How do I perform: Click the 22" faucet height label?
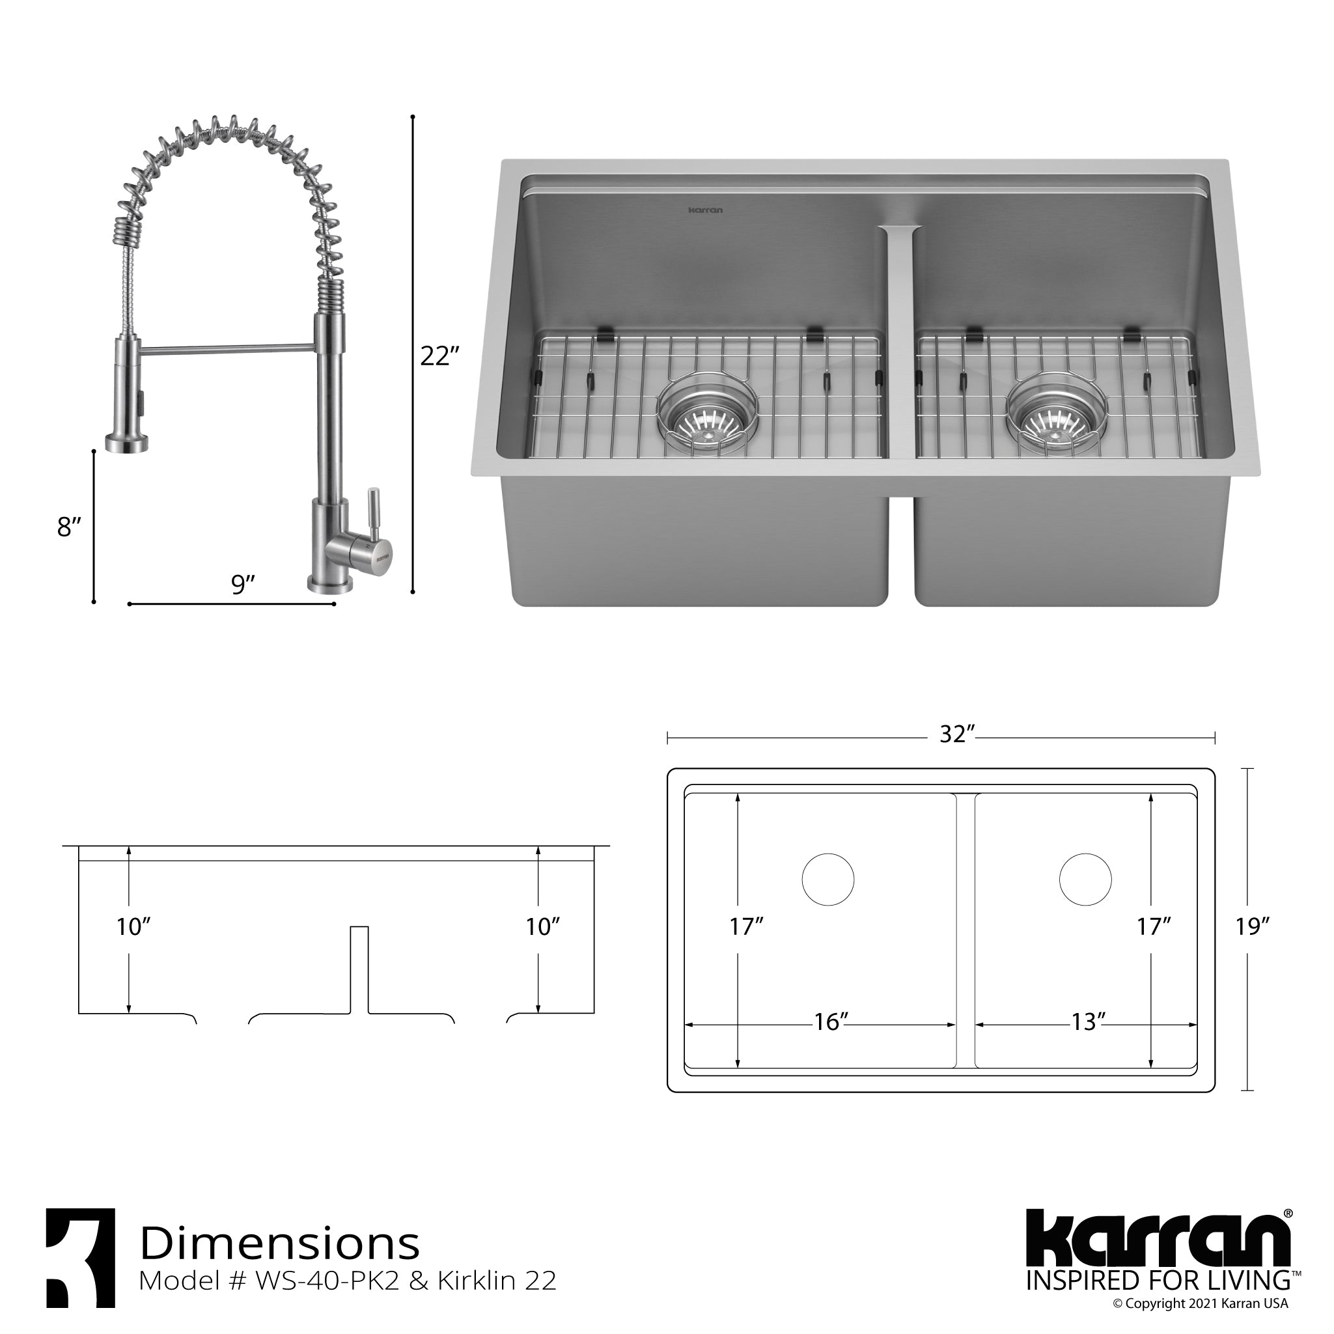click(x=439, y=356)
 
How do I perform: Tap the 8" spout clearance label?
click(x=69, y=527)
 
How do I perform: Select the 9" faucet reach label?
click(x=242, y=584)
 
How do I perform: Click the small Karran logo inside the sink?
click(x=706, y=210)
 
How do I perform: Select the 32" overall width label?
click(x=956, y=734)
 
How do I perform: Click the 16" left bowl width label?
click(x=830, y=1040)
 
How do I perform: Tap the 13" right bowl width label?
click(x=1088, y=1040)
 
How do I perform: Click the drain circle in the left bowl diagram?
click(x=828, y=880)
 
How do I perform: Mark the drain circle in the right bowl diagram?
click(x=1085, y=880)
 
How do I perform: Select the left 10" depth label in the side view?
click(x=133, y=926)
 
